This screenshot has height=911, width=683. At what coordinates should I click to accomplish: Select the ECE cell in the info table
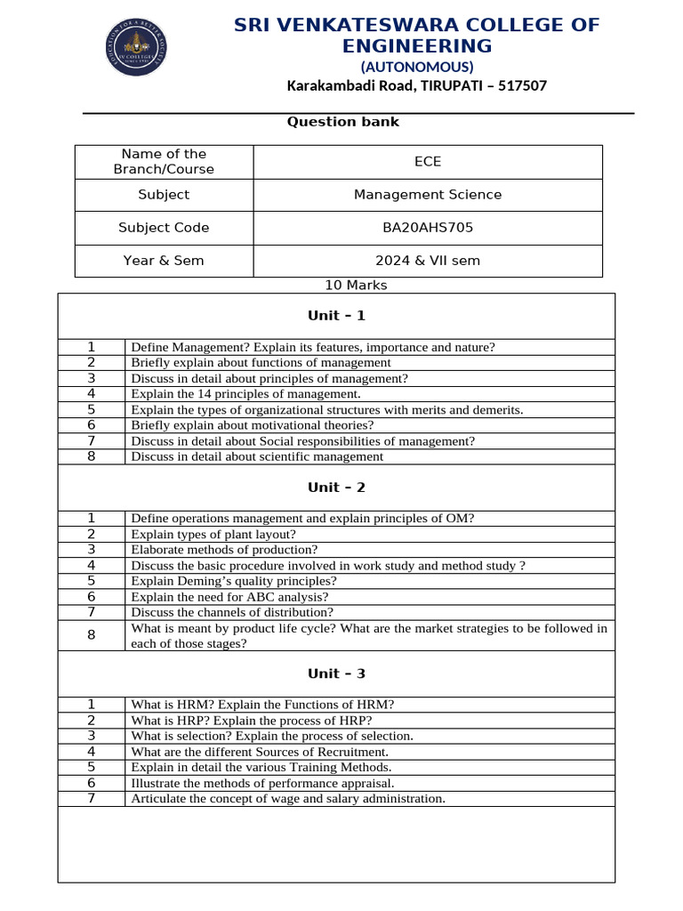[x=428, y=162]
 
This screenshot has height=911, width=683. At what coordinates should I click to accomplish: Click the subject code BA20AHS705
[x=428, y=228]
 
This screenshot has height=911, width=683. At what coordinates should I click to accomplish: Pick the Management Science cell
[x=428, y=195]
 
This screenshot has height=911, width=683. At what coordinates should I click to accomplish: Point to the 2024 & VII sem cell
[x=428, y=261]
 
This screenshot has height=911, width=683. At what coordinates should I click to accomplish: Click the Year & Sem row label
[x=164, y=261]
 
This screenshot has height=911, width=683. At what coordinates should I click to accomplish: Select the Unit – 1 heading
[x=336, y=316]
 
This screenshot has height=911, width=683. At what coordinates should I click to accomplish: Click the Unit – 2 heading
[x=336, y=488]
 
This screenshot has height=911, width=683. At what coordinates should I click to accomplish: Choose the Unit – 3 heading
[x=336, y=673]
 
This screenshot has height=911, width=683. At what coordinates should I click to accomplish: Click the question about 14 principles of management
[x=245, y=394]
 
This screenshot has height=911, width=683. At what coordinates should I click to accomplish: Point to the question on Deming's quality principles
[x=234, y=581]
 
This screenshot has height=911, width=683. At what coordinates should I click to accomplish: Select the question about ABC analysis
[x=229, y=597]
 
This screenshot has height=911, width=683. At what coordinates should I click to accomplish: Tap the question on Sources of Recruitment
[x=260, y=752]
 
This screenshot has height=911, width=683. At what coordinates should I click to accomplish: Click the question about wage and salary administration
[x=287, y=799]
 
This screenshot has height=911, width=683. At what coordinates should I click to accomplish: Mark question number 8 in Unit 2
[x=91, y=635]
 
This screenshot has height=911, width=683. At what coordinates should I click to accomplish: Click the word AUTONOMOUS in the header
[x=416, y=67]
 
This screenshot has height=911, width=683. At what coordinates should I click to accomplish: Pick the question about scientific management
[x=257, y=456]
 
